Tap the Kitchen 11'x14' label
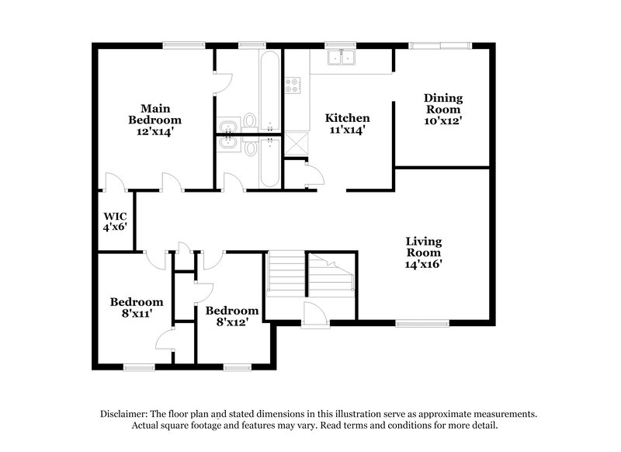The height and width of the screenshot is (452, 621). (347, 123)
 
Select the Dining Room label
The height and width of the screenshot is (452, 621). (443, 109)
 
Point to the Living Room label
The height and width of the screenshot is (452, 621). (425, 252)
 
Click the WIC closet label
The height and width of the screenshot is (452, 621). (116, 221)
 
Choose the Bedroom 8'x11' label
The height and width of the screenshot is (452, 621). (137, 308)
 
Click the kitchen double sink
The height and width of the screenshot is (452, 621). (340, 58)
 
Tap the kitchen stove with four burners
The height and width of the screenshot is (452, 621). (294, 85)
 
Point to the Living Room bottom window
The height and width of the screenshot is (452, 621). (422, 322)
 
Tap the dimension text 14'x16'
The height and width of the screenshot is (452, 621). (425, 264)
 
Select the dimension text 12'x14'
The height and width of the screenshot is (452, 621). (150, 132)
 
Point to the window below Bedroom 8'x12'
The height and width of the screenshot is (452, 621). (234, 366)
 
